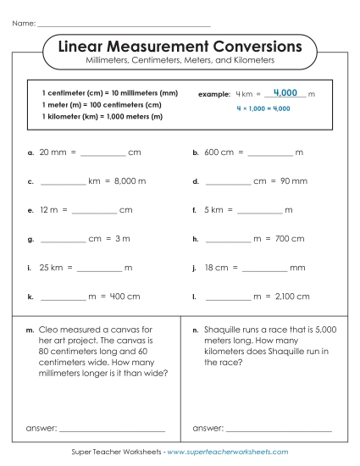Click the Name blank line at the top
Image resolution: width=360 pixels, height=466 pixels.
tap(124, 25)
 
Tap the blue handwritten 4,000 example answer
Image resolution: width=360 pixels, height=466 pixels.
tap(285, 92)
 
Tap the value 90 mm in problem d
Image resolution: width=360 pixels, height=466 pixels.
tap(293, 181)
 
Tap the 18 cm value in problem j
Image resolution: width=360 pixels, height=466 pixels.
tap(215, 269)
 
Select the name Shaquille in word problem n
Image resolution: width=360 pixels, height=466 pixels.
tap(226, 329)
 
